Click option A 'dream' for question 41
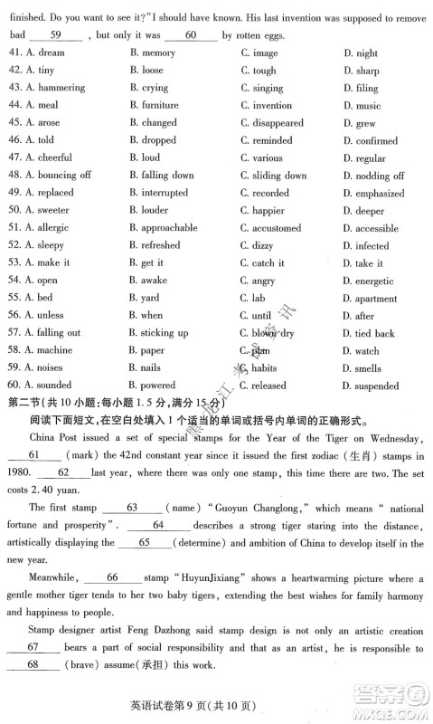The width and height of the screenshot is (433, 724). pos(45,53)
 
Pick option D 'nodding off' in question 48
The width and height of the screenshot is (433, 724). pos(373,176)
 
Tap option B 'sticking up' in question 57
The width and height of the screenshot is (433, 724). pos(158,333)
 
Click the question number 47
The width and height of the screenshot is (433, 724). pos(14,158)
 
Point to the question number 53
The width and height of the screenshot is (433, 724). pos(14,263)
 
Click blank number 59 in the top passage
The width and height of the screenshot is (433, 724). pos(55,34)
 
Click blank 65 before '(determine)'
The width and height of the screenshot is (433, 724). pos(144,543)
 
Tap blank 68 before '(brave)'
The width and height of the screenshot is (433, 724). pos(32,665)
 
